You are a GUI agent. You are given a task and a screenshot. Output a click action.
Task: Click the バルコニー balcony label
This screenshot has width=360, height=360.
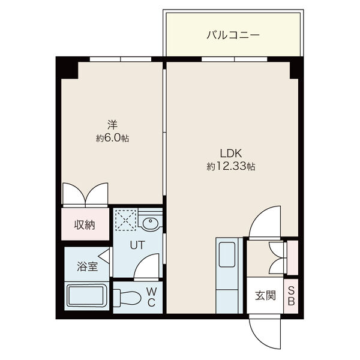click(233, 35)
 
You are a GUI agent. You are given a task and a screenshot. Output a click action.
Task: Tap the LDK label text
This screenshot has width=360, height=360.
click(231, 154)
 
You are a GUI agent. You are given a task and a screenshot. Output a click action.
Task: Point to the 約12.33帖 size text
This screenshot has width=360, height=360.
click(231, 166)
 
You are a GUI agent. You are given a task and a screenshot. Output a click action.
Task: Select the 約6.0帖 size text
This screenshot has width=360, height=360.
click(112, 138)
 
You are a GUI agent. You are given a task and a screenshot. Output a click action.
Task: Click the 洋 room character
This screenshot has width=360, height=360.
click(113, 125)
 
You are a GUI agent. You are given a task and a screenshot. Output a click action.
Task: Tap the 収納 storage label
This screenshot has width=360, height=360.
click(85, 225)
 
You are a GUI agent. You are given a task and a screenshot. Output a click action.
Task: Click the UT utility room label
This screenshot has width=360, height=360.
click(137, 245)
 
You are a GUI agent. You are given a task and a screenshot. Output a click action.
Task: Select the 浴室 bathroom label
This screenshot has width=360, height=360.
click(88, 266)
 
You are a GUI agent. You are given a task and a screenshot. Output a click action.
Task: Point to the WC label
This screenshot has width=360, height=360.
click(151, 298)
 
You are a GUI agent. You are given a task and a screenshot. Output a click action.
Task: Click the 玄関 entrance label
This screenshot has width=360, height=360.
click(265, 295)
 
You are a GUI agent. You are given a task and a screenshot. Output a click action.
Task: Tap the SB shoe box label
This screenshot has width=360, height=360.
click(291, 296)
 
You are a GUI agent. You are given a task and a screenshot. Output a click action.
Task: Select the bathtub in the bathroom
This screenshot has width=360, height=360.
click(87, 296)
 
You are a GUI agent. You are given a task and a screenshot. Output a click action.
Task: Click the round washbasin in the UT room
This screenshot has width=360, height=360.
click(150, 223)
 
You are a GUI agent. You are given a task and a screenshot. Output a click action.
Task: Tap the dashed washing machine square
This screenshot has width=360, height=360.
click(126, 220)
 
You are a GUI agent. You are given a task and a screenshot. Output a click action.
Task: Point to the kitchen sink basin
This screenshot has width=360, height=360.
click(227, 254)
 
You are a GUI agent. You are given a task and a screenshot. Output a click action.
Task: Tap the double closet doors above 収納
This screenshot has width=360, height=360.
click(85, 193)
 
